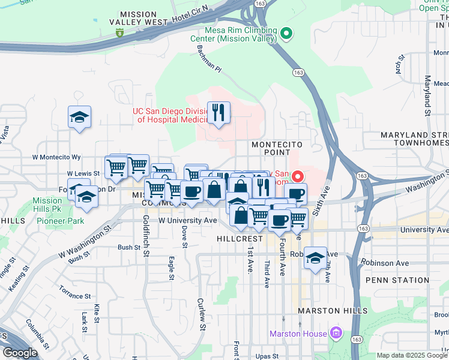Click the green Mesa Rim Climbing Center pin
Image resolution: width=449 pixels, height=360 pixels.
tap(286, 34)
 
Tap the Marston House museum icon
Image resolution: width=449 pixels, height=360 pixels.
tap(336, 333)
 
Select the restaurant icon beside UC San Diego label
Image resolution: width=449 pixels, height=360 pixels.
tap(218, 112)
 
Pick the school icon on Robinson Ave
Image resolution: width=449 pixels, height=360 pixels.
tap(315, 258)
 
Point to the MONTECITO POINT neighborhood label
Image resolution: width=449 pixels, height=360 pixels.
tap(276, 149)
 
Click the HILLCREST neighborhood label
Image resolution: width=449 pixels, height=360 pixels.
tap(237, 238)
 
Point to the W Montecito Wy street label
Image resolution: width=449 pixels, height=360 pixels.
tap(56, 157)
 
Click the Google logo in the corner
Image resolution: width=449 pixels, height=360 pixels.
tap(19, 353)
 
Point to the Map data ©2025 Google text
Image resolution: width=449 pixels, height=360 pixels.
tap(412, 355)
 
